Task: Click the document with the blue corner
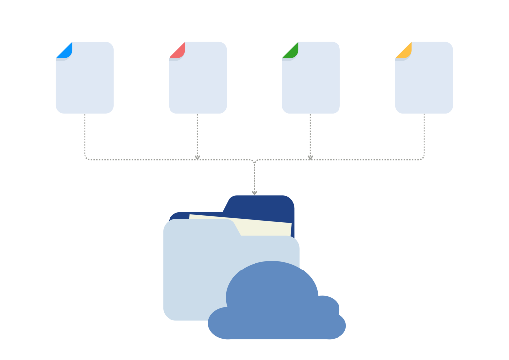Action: [x=85, y=82]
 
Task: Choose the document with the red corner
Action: [x=198, y=82]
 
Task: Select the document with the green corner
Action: [x=311, y=82]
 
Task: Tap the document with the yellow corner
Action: [x=424, y=82]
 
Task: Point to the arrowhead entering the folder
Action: [x=254, y=193]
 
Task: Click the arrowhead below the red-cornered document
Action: [x=197, y=157]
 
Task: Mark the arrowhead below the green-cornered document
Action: [x=310, y=157]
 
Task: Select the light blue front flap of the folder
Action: [x=194, y=269]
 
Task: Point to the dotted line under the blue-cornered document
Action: [x=85, y=134]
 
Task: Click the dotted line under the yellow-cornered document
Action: [x=424, y=134]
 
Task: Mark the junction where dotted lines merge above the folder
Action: [x=254, y=161]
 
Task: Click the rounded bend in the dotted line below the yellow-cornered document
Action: [x=423, y=158]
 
